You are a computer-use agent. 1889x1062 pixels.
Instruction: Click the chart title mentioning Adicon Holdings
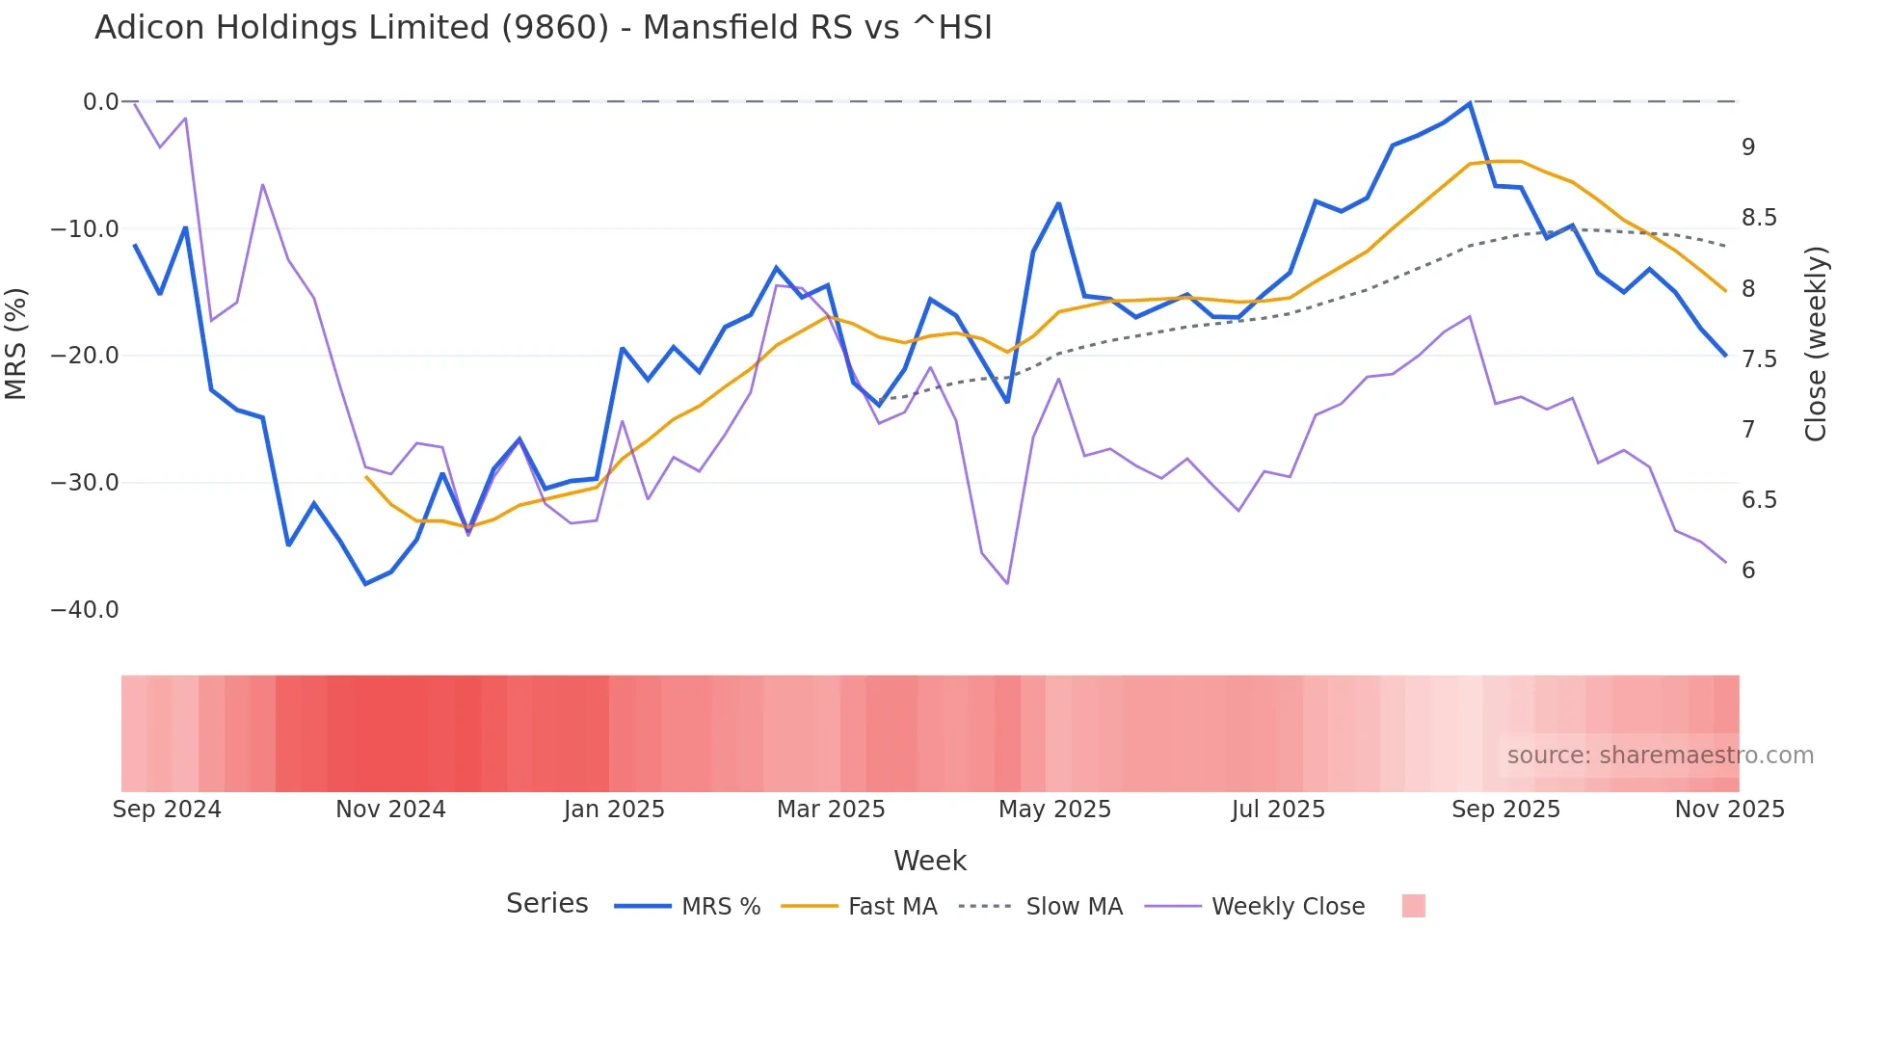543,28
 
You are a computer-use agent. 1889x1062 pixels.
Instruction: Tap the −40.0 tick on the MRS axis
85,610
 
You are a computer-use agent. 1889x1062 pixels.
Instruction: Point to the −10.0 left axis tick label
85,229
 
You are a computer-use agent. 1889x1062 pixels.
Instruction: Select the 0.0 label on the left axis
100,102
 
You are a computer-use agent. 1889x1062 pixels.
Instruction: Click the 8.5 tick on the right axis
1759,218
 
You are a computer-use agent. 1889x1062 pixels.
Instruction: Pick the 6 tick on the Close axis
1748,571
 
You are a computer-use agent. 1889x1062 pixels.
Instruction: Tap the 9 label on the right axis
1748,147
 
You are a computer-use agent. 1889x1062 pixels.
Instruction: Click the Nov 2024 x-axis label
390,810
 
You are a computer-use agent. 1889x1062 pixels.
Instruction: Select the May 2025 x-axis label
1054,810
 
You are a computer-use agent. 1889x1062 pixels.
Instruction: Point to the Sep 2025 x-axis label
1505,810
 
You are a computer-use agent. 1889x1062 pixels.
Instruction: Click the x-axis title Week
929,861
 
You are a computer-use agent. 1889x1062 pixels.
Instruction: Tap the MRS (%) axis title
16,343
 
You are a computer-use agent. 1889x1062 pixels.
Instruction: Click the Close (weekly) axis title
1816,344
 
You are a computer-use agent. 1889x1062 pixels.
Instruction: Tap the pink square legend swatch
1413,906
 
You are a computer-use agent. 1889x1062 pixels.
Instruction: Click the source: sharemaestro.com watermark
1660,756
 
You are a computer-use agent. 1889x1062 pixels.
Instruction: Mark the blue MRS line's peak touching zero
1470,103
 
